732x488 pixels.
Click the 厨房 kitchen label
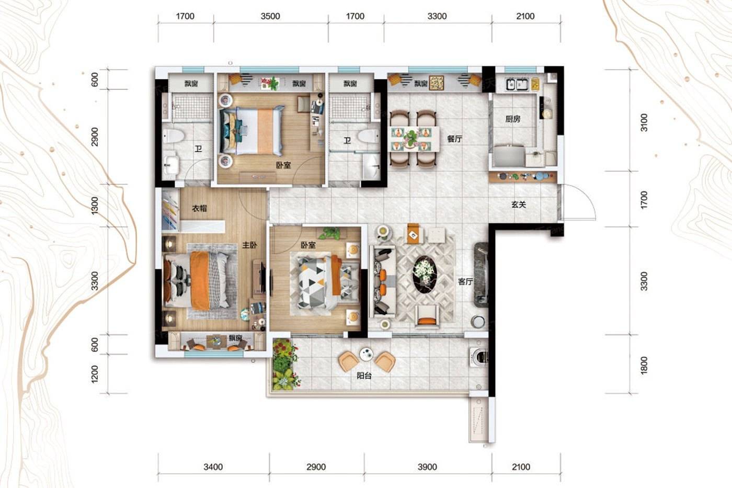(513, 119)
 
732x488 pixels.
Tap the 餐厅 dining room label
(454, 139)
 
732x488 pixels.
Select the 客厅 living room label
(465, 281)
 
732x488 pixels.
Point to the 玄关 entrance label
(519, 205)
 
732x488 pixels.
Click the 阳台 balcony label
(364, 376)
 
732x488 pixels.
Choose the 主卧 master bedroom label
(249, 245)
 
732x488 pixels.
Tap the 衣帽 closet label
(199, 208)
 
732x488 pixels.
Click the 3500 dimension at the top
(270, 16)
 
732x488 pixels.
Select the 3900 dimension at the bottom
(427, 467)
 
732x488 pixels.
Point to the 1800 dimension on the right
(644, 366)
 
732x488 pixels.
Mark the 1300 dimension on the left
(95, 206)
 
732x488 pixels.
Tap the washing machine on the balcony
(479, 356)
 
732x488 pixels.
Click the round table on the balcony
(366, 354)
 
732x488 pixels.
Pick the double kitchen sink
(517, 85)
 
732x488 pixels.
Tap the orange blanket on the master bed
(200, 280)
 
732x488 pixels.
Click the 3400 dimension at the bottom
(213, 467)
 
